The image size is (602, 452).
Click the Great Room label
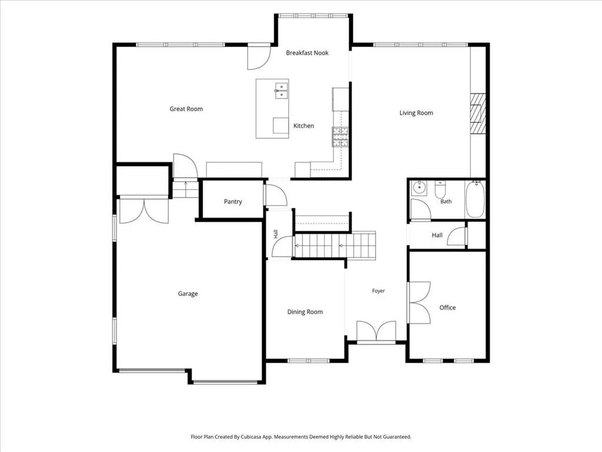click(x=186, y=109)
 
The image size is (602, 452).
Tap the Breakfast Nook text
click(x=307, y=53)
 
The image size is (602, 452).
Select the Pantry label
click(x=233, y=202)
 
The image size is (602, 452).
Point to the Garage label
click(x=188, y=294)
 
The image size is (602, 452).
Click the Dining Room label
click(x=305, y=312)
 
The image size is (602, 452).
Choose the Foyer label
click(x=378, y=291)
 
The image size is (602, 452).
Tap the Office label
click(x=447, y=307)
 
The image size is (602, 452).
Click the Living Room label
click(x=416, y=113)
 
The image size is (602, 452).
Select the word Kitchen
click(x=303, y=126)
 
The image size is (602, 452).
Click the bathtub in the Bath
click(x=475, y=200)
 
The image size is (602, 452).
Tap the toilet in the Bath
click(x=440, y=189)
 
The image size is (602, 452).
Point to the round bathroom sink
click(x=419, y=188)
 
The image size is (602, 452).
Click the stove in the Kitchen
click(x=340, y=137)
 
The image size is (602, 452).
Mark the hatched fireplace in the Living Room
click(x=478, y=114)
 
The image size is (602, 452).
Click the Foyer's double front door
click(x=376, y=331)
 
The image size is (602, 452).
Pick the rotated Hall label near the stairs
click(x=276, y=234)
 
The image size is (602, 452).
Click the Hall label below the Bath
click(x=437, y=235)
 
